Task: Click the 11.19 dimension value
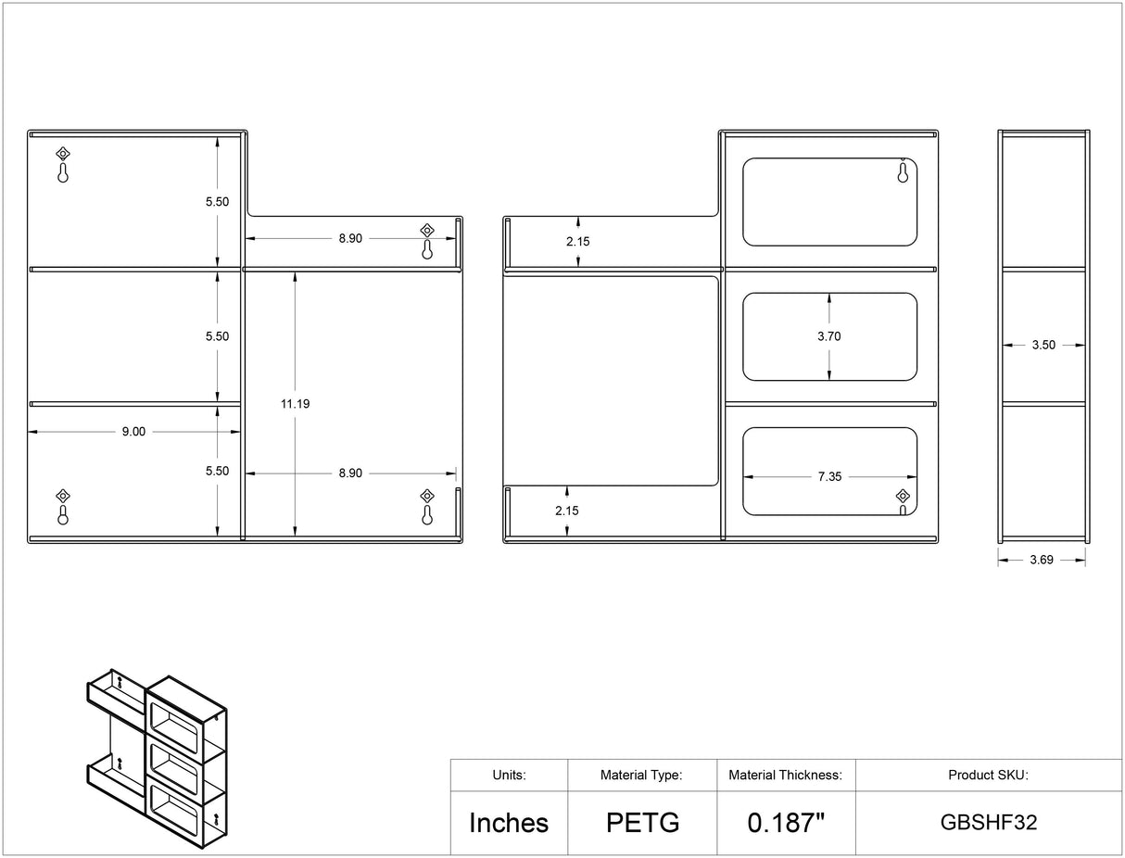296,404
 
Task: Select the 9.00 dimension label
133,432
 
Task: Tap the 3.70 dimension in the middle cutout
828,336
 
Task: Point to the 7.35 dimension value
829,477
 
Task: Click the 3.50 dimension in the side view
1043,346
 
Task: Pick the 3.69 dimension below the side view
1042,560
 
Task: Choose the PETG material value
643,823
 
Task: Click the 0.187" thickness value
786,823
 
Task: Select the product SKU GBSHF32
989,823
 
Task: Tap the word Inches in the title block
509,823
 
